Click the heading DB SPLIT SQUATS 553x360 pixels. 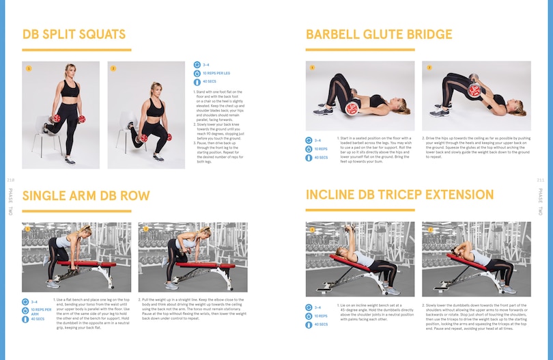point(74,35)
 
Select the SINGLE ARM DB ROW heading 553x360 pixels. point(85,196)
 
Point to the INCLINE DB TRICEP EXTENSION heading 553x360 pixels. point(399,195)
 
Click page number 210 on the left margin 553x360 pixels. point(10,180)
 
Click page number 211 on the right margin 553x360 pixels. point(540,180)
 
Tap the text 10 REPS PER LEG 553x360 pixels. point(218,72)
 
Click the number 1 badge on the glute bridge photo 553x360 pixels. point(312,68)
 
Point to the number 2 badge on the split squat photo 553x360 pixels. point(113,68)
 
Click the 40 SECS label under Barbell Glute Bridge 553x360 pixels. point(321,157)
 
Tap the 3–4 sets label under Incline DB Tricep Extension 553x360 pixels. point(317,308)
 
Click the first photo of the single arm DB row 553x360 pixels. point(67,258)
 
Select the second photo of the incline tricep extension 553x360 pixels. point(466,258)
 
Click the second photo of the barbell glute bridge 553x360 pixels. point(466,96)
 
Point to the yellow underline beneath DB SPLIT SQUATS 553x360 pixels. point(76,50)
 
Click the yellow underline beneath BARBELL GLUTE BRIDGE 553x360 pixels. point(360,50)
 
